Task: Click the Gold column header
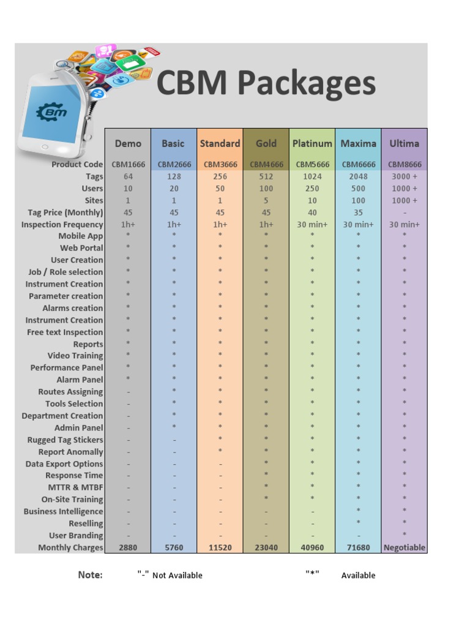[x=266, y=143]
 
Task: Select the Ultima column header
[x=405, y=143]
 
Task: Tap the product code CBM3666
[x=220, y=164]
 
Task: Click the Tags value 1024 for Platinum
[x=312, y=176]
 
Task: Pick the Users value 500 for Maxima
[x=358, y=189]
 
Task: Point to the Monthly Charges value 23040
[x=266, y=547]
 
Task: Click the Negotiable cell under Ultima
[x=405, y=547]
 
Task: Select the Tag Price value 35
[x=358, y=212]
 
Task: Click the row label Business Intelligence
[x=64, y=511]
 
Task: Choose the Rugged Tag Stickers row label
[x=65, y=440]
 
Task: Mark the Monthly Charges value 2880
[x=128, y=547]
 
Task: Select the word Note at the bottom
[x=90, y=574]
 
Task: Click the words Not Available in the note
[x=177, y=576]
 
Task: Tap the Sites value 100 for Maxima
[x=358, y=200]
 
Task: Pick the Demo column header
[x=128, y=143]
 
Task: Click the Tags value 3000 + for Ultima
[x=405, y=176]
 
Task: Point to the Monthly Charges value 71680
[x=358, y=547]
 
